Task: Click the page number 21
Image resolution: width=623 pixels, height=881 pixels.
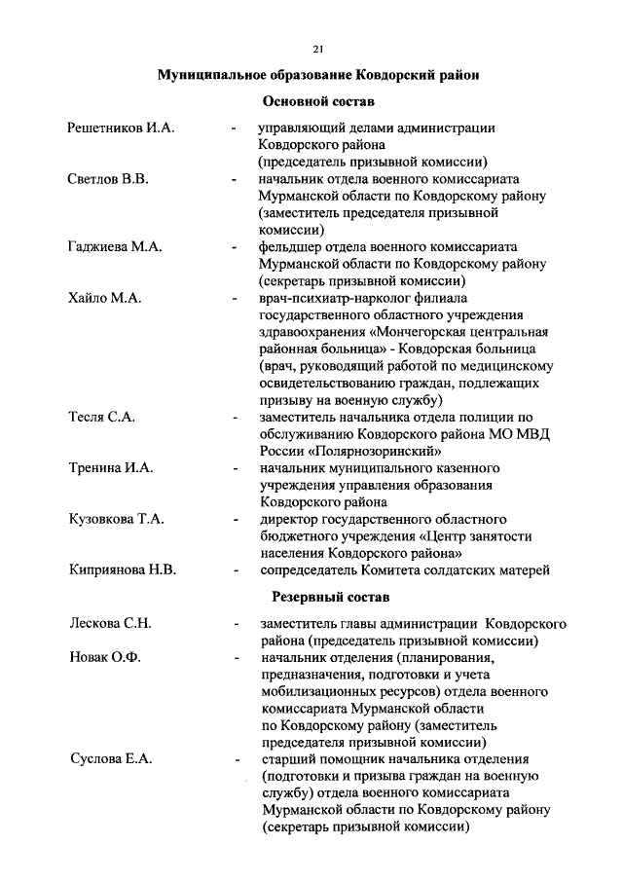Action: point(318,49)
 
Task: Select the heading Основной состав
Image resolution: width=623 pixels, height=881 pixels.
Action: point(318,100)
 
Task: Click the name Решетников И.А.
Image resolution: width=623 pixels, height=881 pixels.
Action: point(121,128)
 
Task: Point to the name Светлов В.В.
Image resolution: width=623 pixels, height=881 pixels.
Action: point(107,180)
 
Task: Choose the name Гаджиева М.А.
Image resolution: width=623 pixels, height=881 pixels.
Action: point(115,247)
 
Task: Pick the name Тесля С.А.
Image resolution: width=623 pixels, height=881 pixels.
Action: point(102,417)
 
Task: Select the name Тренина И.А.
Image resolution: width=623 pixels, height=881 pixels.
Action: point(112,468)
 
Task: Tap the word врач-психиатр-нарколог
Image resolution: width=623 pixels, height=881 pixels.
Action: point(339,298)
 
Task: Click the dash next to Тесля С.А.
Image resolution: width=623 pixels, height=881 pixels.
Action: point(235,418)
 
